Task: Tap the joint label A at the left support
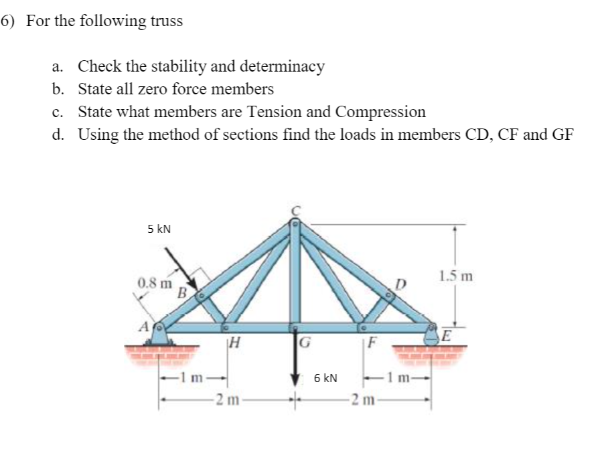142,326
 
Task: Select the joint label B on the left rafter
181,292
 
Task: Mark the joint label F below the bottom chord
373,347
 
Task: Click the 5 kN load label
159,229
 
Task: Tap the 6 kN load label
325,378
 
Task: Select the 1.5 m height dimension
456,275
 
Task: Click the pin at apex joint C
294,226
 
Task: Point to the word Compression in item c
380,111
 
